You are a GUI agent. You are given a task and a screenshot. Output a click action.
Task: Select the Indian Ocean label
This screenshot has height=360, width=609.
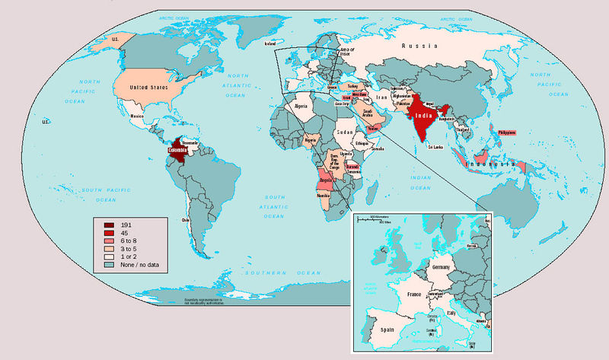tap(420, 180)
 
